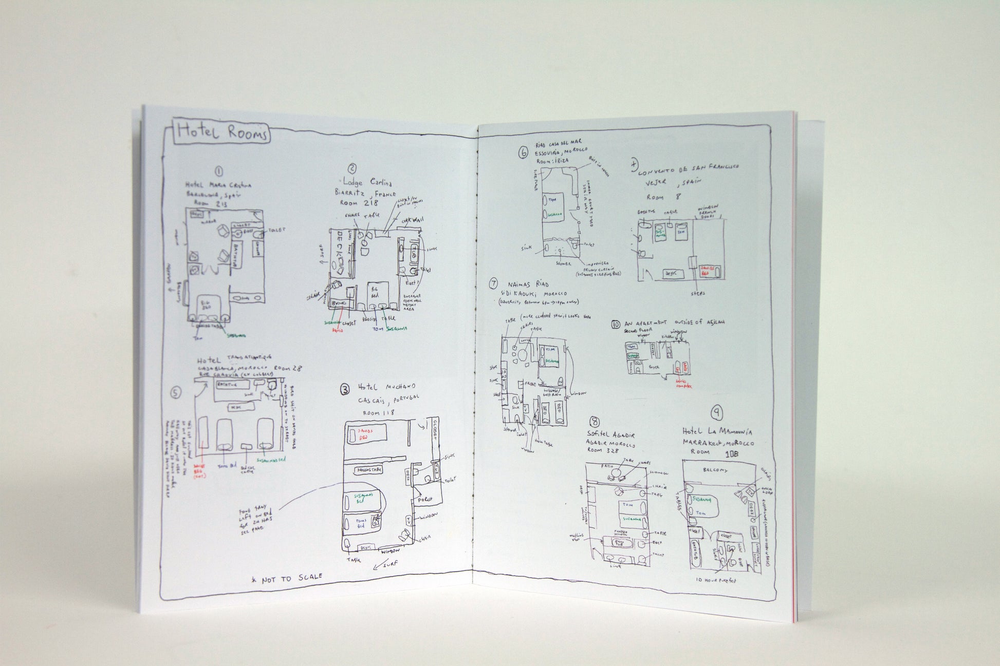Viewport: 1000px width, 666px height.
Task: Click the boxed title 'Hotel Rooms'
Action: [x=223, y=134]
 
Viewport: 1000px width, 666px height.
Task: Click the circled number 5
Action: [x=176, y=393]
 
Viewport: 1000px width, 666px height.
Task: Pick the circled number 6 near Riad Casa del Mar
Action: [x=523, y=151]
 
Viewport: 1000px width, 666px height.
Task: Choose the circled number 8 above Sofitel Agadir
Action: [x=595, y=421]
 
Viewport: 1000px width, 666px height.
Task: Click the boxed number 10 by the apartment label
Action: [x=616, y=324]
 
